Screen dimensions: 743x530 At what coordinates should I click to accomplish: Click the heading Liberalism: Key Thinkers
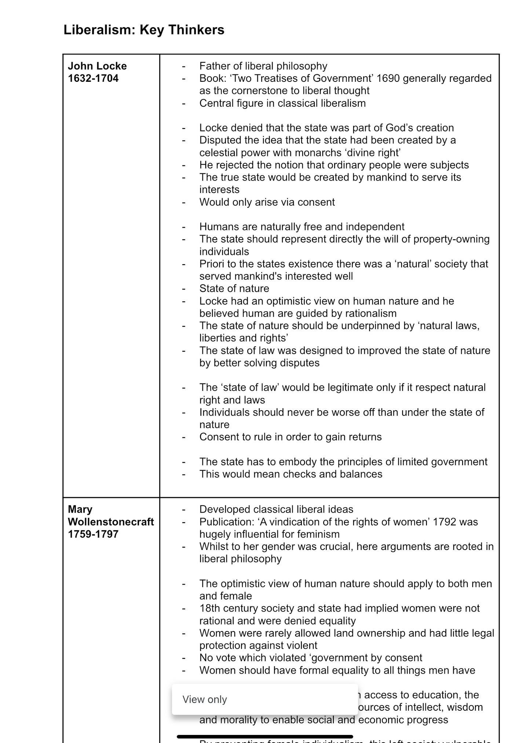pyautogui.click(x=144, y=30)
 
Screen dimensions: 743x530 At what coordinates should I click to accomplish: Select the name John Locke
pyautogui.click(x=97, y=66)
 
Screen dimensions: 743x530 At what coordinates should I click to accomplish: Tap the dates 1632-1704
pyautogui.click(x=93, y=79)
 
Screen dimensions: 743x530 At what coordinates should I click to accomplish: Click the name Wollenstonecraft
pyautogui.click(x=111, y=522)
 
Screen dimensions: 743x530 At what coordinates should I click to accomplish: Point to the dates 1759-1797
pyautogui.click(x=93, y=534)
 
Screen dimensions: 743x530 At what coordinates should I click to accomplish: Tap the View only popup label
pyautogui.click(x=205, y=699)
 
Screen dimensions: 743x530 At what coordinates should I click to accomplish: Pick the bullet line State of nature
pyautogui.click(x=234, y=289)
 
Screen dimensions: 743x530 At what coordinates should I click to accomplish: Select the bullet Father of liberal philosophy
pyautogui.click(x=263, y=66)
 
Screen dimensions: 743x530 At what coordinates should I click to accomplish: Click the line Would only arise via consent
pyautogui.click(x=267, y=202)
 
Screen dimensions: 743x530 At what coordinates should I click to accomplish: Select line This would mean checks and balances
pyautogui.click(x=290, y=474)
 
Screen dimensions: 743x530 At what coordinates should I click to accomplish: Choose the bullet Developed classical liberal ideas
pyautogui.click(x=276, y=509)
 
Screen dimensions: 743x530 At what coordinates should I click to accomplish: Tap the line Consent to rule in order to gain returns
pyautogui.click(x=290, y=437)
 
